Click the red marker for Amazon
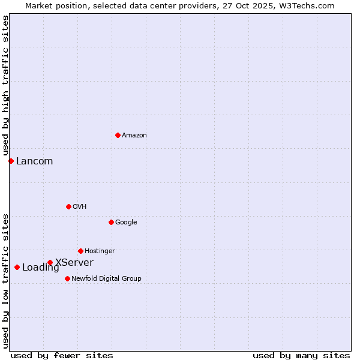pos(118,135)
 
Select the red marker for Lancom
pos(11,161)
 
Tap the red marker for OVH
pos(68,206)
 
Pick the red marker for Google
pos(111,222)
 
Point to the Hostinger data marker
pos(80,251)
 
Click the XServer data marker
pos(50,262)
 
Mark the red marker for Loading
pos(17,267)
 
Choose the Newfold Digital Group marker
pos(67,278)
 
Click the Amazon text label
pos(134,135)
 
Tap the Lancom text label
pos(34,161)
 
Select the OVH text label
pos(80,206)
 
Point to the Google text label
pos(126,222)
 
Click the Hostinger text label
pos(100,251)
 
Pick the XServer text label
pos(74,262)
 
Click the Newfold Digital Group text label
pos(106,278)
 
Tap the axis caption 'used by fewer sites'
pos(62,355)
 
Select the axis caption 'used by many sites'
pos(301,355)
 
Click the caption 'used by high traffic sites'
pos(5,86)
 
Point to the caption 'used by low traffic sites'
pos(5,281)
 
